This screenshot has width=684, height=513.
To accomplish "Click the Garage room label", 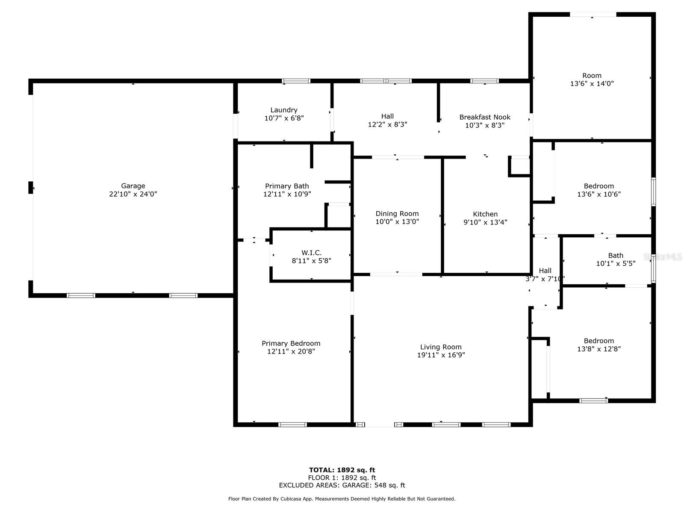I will click(133, 186).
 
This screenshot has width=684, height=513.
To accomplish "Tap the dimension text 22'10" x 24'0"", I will click(133, 194).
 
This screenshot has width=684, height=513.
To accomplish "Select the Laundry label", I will click(284, 110).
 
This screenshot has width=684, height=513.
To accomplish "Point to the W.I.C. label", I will click(311, 253).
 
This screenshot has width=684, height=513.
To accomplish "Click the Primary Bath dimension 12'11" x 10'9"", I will click(287, 194).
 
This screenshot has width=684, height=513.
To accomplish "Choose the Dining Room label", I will click(397, 214).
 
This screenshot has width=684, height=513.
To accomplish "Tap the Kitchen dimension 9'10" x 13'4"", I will click(485, 222).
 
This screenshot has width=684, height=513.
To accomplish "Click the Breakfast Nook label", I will click(485, 117).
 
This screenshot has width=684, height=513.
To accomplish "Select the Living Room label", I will click(441, 347).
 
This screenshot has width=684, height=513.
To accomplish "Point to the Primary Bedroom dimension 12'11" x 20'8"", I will click(291, 351).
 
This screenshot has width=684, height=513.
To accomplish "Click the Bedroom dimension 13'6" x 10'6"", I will click(598, 194).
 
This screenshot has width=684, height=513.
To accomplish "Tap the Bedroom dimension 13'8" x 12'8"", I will click(598, 349).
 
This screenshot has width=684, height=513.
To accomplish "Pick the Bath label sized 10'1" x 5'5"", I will click(616, 256).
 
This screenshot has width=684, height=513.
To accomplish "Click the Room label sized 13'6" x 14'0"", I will click(592, 76).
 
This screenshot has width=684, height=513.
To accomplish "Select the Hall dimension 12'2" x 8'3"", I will click(387, 125).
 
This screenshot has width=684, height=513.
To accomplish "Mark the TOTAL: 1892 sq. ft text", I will click(342, 470).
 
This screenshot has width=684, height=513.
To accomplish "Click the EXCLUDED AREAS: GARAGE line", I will click(342, 485).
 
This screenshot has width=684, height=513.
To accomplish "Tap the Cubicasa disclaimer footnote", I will click(342, 499).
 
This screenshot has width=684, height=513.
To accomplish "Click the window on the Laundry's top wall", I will click(296, 81).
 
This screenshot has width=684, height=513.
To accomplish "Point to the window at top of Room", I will click(593, 15).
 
